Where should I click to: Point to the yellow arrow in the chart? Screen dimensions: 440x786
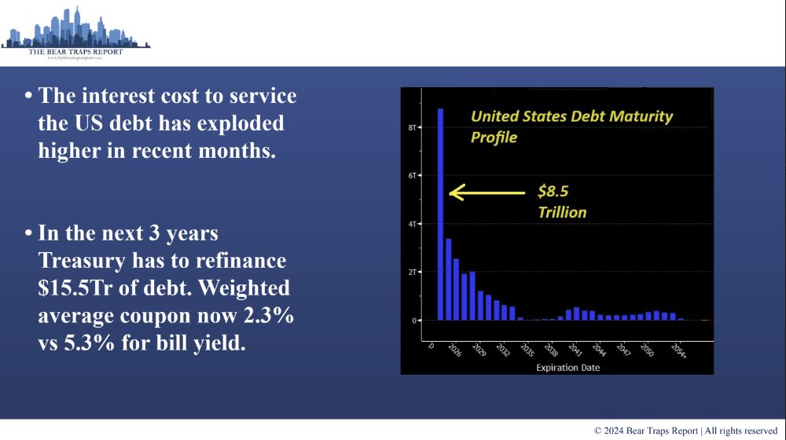click(x=487, y=192)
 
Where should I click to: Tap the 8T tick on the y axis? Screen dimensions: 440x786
click(x=412, y=126)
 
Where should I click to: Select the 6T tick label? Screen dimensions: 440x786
click(x=412, y=175)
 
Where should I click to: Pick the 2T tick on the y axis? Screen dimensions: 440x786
click(x=412, y=272)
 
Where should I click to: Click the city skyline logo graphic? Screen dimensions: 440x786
click(x=75, y=28)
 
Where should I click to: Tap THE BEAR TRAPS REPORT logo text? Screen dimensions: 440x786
click(x=75, y=51)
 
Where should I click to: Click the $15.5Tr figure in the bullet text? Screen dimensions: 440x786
click(x=79, y=288)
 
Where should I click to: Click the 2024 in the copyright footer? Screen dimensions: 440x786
click(x=617, y=431)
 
